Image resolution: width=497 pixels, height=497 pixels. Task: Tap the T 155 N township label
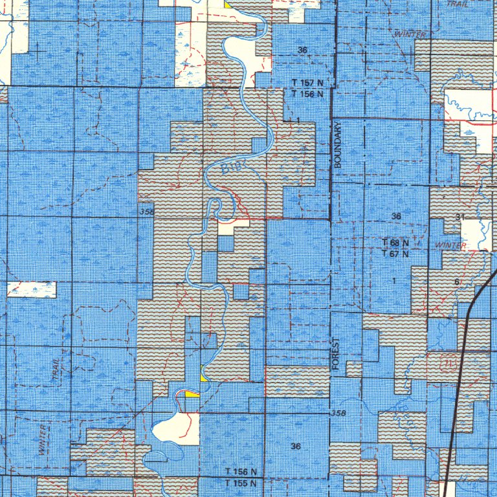(241, 483)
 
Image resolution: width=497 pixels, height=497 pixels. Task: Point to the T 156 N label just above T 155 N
(241, 472)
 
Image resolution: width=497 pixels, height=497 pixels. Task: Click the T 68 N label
(395, 243)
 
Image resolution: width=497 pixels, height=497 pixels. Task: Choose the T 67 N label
(395, 254)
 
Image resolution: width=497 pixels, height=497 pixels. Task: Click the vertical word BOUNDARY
(337, 146)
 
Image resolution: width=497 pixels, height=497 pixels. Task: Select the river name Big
(229, 169)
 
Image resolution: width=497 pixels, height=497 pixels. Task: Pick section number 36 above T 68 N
(396, 215)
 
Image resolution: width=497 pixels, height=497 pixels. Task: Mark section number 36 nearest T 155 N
(296, 447)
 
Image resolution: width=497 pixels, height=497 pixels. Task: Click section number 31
(460, 217)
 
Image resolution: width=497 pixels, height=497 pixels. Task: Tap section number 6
(457, 282)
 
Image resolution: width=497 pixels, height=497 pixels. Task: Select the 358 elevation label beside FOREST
(337, 413)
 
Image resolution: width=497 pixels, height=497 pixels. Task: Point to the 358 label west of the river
(145, 212)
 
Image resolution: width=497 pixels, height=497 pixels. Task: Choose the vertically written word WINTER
(43, 441)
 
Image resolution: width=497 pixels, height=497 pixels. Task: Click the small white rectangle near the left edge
(32, 289)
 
